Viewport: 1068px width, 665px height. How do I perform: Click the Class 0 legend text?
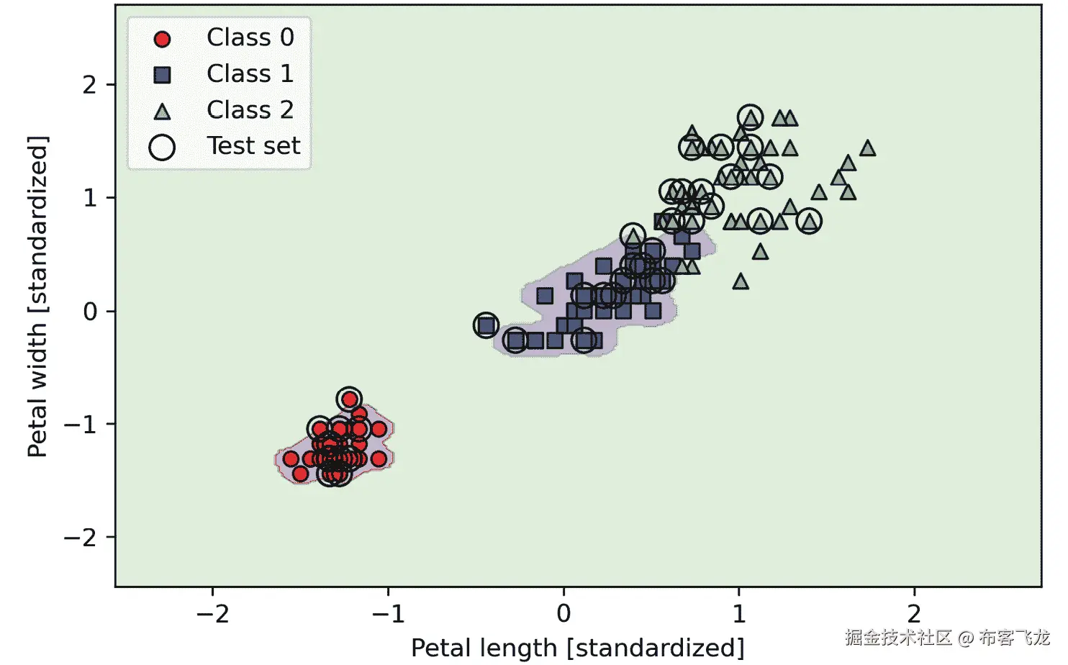coord(250,37)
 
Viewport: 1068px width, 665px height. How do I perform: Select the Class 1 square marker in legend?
coord(163,74)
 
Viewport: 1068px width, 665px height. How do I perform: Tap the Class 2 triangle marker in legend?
coord(163,111)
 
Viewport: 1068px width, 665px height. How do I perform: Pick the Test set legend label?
coord(253,146)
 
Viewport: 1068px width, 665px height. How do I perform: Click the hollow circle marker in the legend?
coord(162,147)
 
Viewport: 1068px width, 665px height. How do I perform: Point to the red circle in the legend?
coord(163,39)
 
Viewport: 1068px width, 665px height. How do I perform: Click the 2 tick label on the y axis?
coord(89,85)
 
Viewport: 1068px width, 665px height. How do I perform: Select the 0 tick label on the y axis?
coord(89,312)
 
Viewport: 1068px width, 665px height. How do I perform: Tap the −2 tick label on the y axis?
coord(80,538)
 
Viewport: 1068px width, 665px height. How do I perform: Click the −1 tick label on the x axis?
coord(388,614)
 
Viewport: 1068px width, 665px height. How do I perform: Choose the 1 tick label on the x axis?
coord(739,614)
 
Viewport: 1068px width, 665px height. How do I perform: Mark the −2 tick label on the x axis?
coord(212,614)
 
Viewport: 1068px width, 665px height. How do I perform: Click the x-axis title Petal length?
coord(577,648)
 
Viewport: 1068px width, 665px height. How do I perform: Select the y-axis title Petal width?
coord(37,297)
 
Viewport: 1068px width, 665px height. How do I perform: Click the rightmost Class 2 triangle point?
coord(867,148)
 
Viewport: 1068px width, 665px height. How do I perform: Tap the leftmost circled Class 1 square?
coord(487,325)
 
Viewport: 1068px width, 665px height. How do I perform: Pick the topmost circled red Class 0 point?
coord(349,399)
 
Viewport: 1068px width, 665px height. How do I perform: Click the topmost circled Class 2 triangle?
coord(750,117)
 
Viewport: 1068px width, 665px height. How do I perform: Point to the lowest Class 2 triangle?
coord(740,281)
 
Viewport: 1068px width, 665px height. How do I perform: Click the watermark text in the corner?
coord(947,637)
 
